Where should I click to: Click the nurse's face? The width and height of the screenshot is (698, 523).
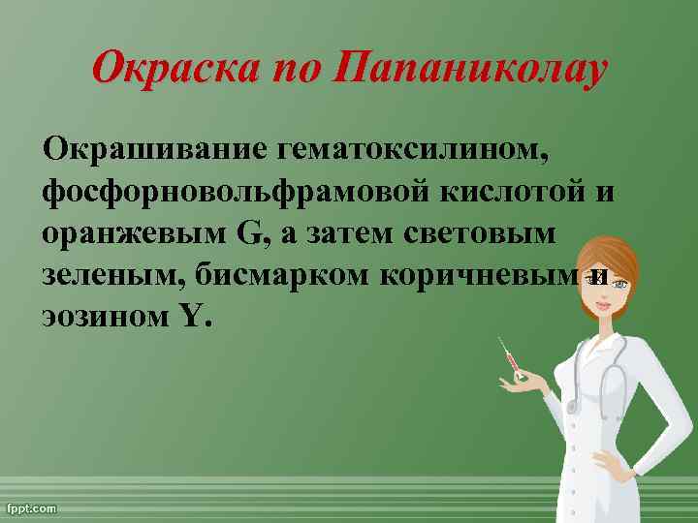point(606,291)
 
